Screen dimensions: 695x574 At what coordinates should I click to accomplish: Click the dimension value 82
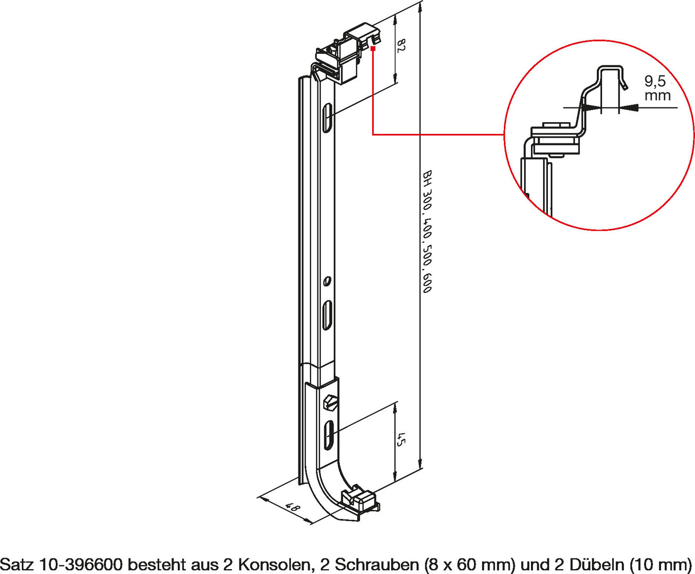click(x=402, y=46)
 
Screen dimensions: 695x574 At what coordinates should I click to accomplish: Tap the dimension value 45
click(x=402, y=440)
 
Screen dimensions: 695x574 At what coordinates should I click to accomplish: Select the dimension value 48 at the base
click(x=293, y=508)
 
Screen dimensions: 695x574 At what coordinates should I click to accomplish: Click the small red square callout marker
click(x=373, y=49)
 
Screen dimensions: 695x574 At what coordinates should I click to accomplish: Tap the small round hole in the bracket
click(x=328, y=281)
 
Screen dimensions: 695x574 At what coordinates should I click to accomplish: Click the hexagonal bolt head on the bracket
click(x=330, y=402)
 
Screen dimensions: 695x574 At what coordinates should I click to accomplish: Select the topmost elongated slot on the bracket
click(x=328, y=119)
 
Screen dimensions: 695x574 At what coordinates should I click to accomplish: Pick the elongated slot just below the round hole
click(x=328, y=315)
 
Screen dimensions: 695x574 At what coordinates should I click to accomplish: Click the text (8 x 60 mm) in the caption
click(x=469, y=564)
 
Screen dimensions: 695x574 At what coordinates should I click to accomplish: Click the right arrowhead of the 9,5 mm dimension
click(x=629, y=107)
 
